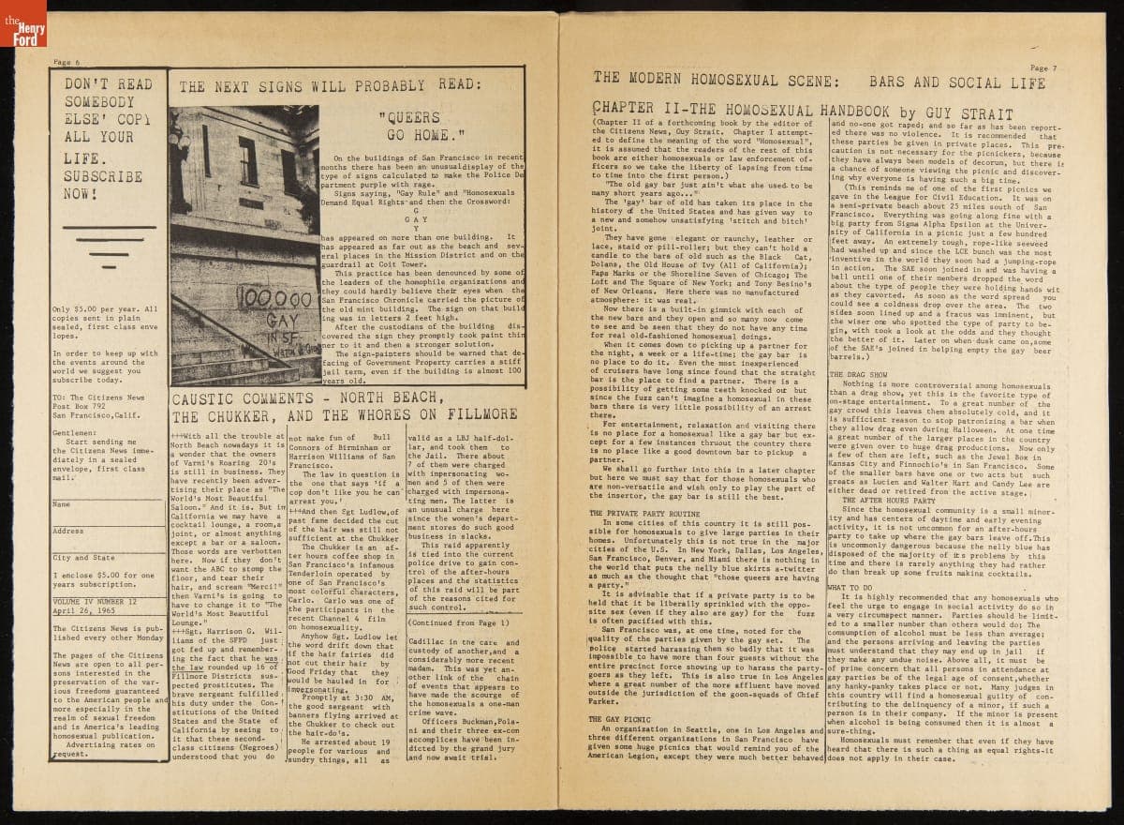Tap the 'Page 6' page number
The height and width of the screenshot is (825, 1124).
tap(67, 62)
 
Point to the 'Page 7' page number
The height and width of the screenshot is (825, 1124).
tap(1043, 67)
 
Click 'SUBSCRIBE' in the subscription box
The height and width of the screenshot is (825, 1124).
tap(104, 175)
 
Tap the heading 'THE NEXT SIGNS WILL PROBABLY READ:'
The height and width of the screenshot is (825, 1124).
tap(331, 86)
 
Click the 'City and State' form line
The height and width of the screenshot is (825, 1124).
tap(84, 557)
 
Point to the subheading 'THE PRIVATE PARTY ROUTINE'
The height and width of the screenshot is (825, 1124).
tap(644, 514)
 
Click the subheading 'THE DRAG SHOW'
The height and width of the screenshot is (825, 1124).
tap(858, 374)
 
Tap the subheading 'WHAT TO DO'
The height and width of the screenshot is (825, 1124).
tap(850, 587)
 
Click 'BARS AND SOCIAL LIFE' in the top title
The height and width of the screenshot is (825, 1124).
tap(956, 82)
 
